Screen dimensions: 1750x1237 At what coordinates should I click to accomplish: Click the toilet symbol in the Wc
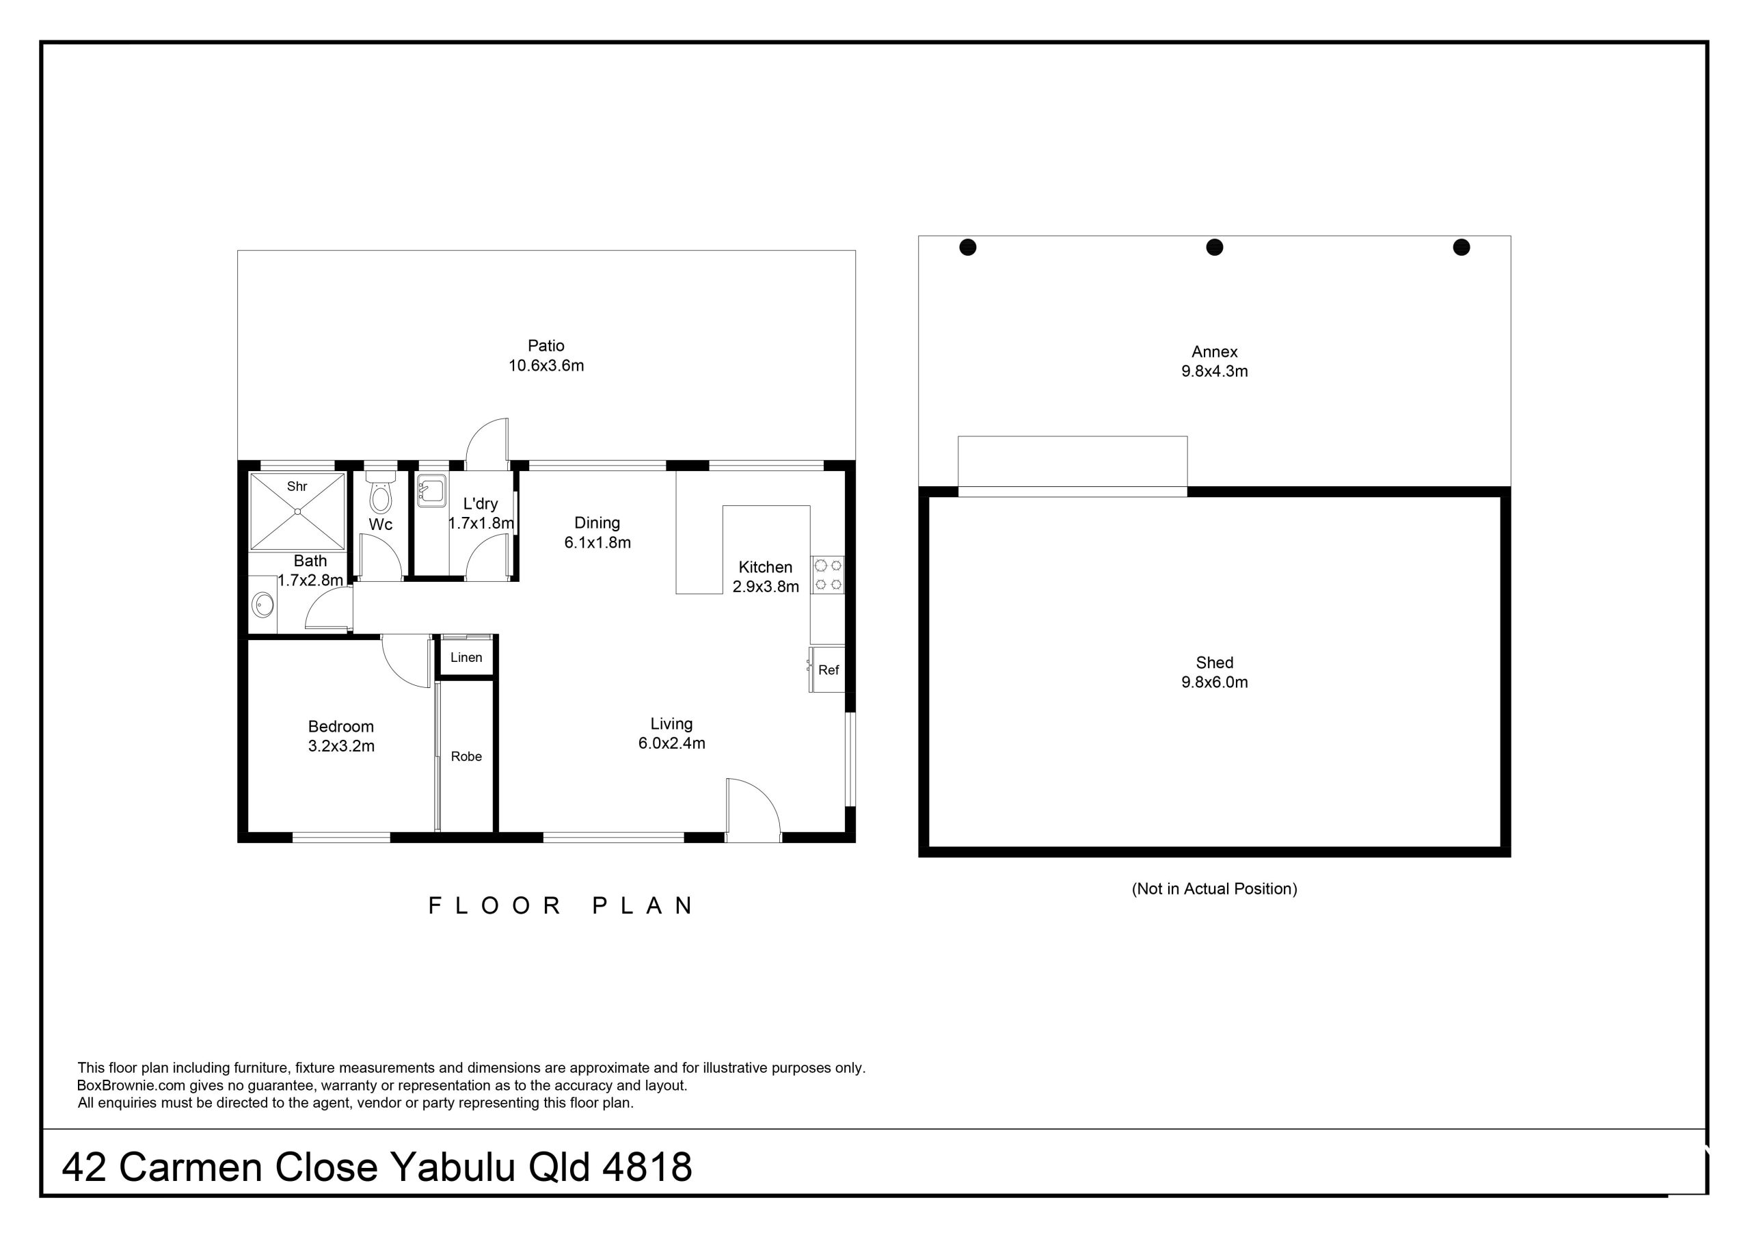click(379, 492)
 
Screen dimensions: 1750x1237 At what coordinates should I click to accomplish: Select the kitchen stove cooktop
click(828, 575)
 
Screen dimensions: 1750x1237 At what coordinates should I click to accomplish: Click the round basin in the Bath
click(263, 606)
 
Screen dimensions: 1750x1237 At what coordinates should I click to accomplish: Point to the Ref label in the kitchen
click(829, 670)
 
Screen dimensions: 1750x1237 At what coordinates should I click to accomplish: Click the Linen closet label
click(466, 657)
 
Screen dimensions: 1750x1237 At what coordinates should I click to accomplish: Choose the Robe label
click(466, 756)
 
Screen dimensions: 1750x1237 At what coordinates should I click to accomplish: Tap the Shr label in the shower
click(297, 487)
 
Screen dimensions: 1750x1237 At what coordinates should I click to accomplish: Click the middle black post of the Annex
click(1215, 247)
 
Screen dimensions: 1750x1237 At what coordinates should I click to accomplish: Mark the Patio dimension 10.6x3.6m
click(546, 366)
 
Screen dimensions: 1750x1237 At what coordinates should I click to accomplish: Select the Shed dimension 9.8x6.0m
click(1215, 682)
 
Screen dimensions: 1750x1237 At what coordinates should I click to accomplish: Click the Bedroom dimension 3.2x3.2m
click(342, 747)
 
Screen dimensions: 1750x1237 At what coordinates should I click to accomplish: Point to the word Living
click(671, 723)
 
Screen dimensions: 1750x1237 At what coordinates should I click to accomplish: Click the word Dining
click(597, 523)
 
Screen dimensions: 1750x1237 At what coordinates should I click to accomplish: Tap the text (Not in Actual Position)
click(1215, 889)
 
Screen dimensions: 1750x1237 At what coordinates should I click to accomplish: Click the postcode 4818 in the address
click(647, 1167)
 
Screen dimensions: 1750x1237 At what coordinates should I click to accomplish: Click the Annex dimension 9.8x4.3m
click(1215, 372)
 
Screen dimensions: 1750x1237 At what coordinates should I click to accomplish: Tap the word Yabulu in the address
click(453, 1167)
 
